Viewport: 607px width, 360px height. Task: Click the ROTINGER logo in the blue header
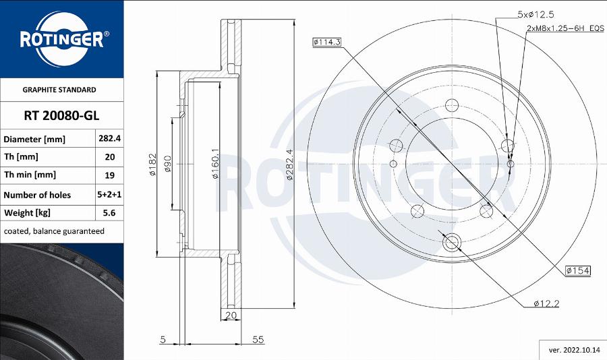pyautogui.click(x=61, y=38)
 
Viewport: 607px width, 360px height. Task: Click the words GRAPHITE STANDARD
pyautogui.click(x=59, y=90)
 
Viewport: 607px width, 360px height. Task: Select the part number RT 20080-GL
pyautogui.click(x=61, y=115)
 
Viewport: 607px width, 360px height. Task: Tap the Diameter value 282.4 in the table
pyautogui.click(x=109, y=138)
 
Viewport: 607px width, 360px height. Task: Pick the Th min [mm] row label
pyautogui.click(x=30, y=175)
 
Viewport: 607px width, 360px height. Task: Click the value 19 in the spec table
pyautogui.click(x=109, y=175)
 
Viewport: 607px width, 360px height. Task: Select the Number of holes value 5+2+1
pyautogui.click(x=109, y=195)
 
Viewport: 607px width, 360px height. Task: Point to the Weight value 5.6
pyautogui.click(x=109, y=213)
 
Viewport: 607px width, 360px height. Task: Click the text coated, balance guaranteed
pyautogui.click(x=54, y=231)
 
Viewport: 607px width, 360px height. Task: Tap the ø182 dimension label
pyautogui.click(x=152, y=164)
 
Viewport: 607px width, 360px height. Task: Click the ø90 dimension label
pyautogui.click(x=168, y=164)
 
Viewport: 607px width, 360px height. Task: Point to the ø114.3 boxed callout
pyautogui.click(x=327, y=42)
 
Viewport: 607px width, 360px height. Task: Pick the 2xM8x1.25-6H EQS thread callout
pyautogui.click(x=565, y=29)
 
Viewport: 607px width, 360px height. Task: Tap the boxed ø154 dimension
pyautogui.click(x=578, y=270)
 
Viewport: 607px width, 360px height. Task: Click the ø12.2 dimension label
pyautogui.click(x=546, y=304)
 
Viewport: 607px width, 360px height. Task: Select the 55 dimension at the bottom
pyautogui.click(x=257, y=340)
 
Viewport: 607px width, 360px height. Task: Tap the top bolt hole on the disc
pyautogui.click(x=451, y=104)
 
